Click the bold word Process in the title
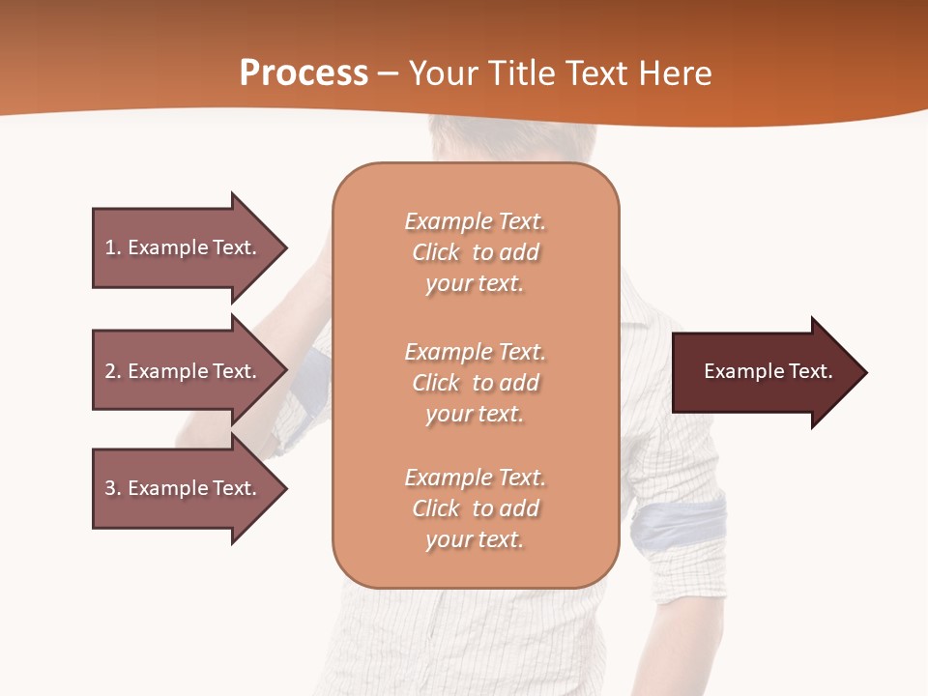(304, 73)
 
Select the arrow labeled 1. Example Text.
(184, 247)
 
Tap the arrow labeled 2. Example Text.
(184, 371)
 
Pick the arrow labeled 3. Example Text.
(184, 488)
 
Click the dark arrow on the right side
(764, 372)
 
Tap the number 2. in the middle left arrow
(113, 371)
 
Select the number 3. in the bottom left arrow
(113, 488)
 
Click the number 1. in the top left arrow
(113, 247)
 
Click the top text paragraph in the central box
(475, 252)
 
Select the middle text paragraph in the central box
(475, 383)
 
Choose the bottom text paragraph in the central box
(475, 508)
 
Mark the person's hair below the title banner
(474, 140)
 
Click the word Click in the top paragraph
(436, 252)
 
